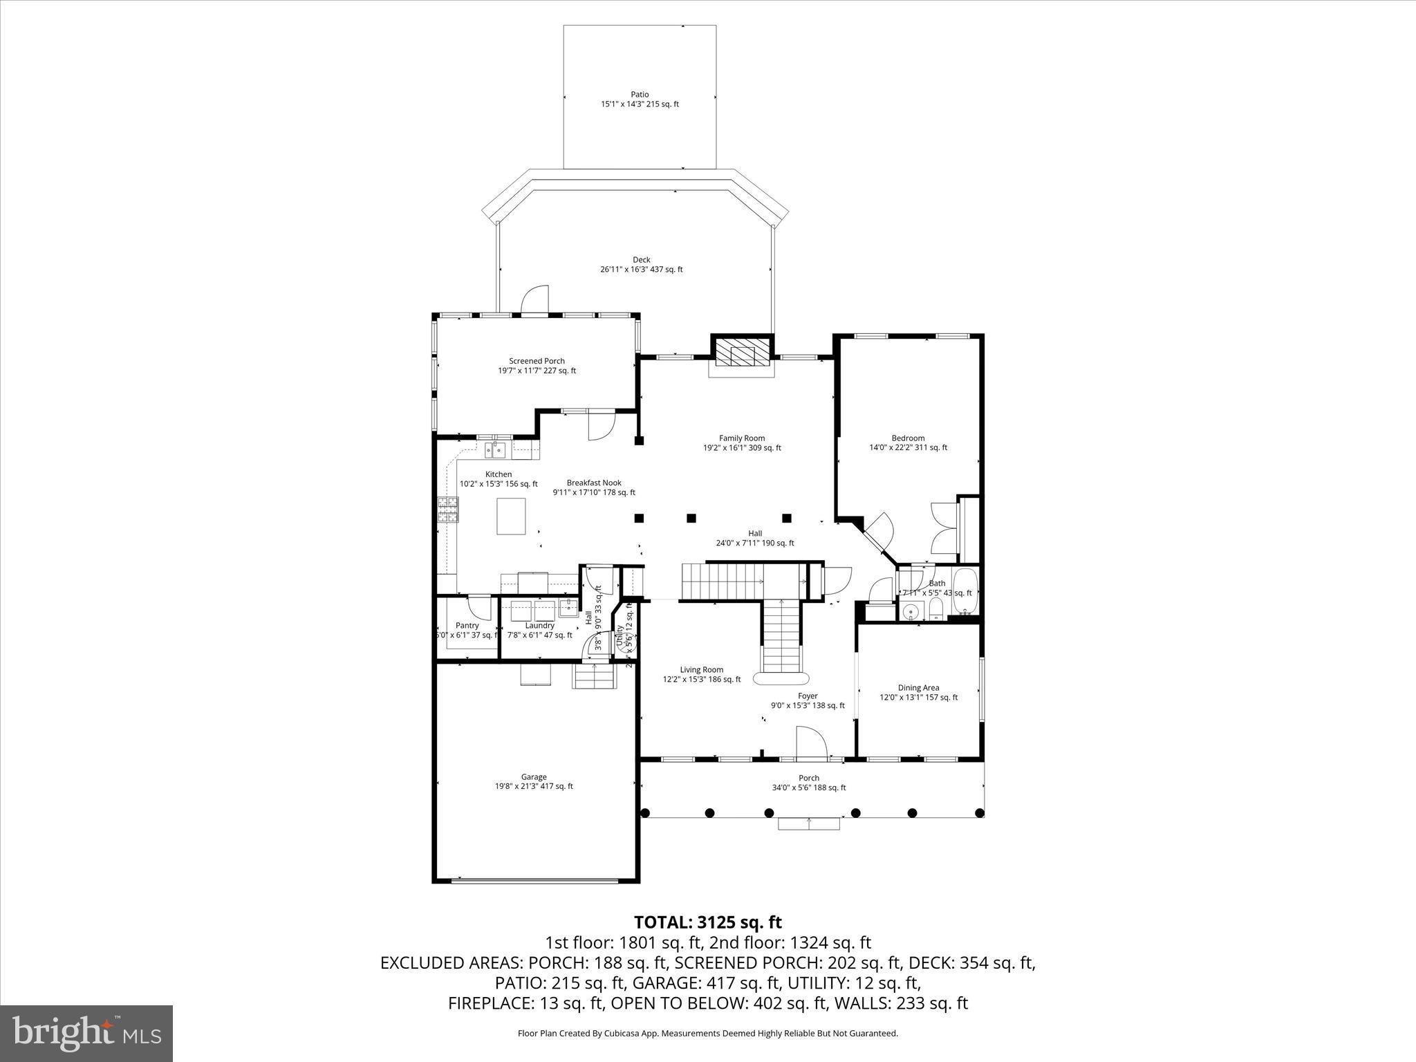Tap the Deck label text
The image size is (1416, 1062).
coord(641,260)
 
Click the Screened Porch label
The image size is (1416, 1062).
coord(537,361)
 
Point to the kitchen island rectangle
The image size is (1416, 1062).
coord(511,516)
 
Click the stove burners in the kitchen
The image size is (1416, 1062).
coord(447,510)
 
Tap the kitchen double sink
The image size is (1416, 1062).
coord(496,451)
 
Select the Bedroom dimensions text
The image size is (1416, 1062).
coord(908,447)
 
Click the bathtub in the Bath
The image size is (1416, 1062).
coord(965,591)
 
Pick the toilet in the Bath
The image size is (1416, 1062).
coord(935,609)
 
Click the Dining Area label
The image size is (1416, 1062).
coord(918,687)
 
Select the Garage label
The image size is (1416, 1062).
coord(533,776)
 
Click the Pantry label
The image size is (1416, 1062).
coord(467,625)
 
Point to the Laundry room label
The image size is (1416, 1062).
coord(539,625)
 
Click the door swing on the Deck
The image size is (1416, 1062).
coord(534,300)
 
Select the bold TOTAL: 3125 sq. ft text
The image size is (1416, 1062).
coord(707,922)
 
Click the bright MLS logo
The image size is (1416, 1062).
coord(86,1033)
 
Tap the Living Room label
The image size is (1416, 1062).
coord(701,669)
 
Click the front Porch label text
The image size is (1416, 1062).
coord(808,778)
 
